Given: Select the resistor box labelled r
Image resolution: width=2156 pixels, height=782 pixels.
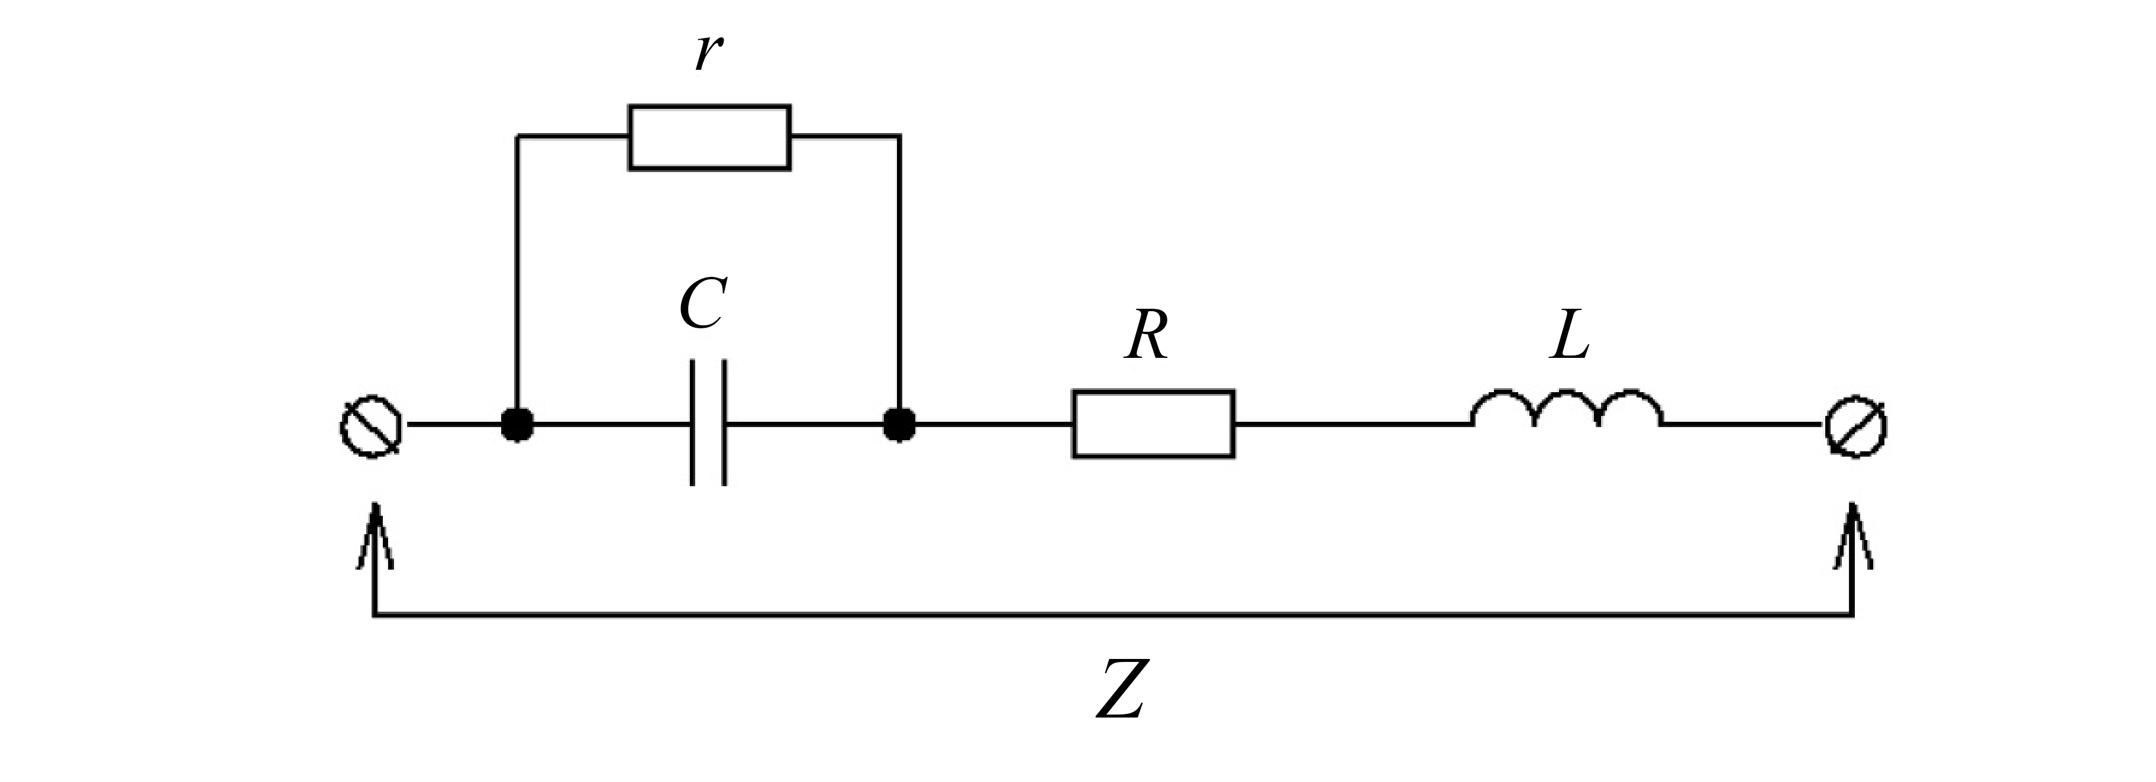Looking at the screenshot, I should click(x=709, y=138).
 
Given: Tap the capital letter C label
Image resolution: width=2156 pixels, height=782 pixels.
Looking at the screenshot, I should click(x=701, y=305).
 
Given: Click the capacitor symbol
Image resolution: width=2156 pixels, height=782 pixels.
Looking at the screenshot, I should click(x=708, y=424).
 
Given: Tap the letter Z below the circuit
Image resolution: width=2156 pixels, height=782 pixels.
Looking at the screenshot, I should click(x=1120, y=690).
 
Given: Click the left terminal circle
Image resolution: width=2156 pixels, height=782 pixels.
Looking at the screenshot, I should click(x=371, y=426).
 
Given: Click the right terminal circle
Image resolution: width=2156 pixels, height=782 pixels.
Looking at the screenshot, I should click(x=1855, y=426).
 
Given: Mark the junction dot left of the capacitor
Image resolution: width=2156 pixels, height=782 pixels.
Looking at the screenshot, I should click(x=517, y=425).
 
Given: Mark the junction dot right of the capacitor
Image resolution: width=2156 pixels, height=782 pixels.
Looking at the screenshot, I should click(x=900, y=425).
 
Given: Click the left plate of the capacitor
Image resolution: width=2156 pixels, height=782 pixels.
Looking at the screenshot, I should click(x=693, y=424).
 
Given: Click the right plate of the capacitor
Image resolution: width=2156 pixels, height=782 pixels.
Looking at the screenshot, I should click(x=724, y=424).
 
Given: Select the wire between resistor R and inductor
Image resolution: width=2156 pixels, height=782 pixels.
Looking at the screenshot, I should click(x=1352, y=425).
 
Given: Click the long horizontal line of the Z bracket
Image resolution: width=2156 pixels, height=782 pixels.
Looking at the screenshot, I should click(x=1113, y=616).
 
